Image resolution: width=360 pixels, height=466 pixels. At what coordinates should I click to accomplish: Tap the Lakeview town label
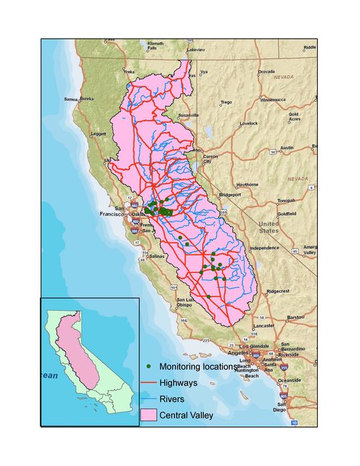pyautogui.click(x=196, y=49)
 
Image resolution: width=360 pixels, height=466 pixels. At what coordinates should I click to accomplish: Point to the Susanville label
pyautogui.click(x=188, y=115)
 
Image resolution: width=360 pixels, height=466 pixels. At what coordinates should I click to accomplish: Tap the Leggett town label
pyautogui.click(x=98, y=133)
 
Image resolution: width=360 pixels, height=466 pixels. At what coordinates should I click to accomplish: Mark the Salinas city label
pyautogui.click(x=157, y=255)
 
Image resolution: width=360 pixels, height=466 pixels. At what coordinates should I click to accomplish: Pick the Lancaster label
pyautogui.click(x=263, y=326)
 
